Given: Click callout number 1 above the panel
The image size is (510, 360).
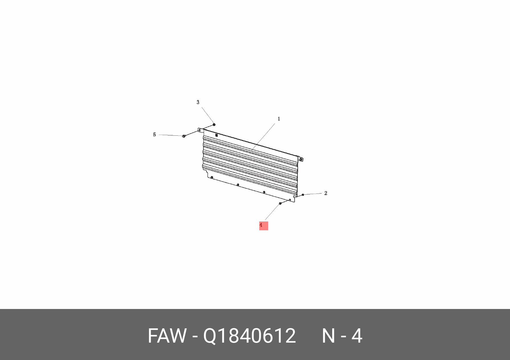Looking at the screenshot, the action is [x=279, y=119].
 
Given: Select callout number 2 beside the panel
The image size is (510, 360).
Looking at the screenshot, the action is [x=326, y=193].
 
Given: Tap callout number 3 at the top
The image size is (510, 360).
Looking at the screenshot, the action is [x=198, y=102].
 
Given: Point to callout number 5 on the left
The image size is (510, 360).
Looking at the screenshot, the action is [x=154, y=135].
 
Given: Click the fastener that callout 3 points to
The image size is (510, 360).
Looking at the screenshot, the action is [x=214, y=125].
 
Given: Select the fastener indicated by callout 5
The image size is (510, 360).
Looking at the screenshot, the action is [x=184, y=136].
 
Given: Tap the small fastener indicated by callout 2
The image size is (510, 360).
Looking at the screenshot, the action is [x=303, y=195].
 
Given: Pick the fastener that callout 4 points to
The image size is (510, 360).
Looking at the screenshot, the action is [x=280, y=204].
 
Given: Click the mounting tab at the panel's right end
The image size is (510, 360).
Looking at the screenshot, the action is [x=301, y=159].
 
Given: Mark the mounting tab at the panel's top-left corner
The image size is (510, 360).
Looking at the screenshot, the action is [x=200, y=130].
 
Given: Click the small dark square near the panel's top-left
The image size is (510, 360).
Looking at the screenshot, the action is [x=217, y=135].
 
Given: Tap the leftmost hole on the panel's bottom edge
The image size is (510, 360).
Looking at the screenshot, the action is [x=212, y=178].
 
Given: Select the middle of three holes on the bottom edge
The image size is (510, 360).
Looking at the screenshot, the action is [x=238, y=185].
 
